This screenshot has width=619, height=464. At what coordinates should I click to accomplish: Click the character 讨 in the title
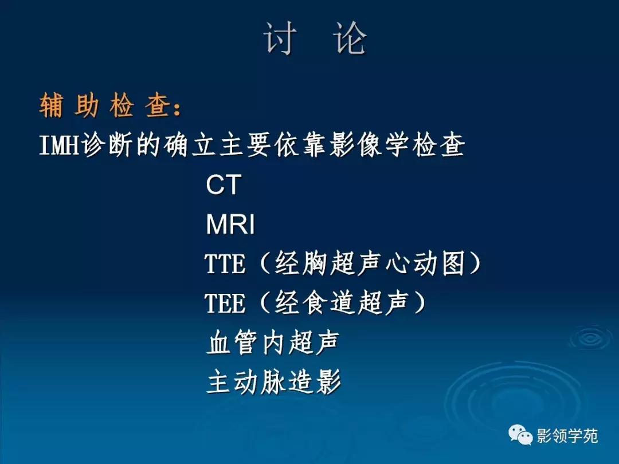pyautogui.click(x=281, y=39)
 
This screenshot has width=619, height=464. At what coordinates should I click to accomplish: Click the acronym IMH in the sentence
pyautogui.click(x=60, y=147)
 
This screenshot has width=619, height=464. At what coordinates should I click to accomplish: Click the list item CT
pyautogui.click(x=223, y=186)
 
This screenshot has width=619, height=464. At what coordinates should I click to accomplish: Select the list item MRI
pyautogui.click(x=230, y=225)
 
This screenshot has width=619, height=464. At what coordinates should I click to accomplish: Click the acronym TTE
pyautogui.click(x=225, y=265)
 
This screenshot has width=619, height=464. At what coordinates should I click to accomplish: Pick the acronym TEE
pyautogui.click(x=225, y=304)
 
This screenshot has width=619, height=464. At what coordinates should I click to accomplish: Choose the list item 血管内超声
pyautogui.click(x=273, y=343)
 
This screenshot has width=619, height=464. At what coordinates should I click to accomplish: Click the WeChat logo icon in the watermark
pyautogui.click(x=520, y=436)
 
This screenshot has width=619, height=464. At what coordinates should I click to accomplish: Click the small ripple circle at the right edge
pyautogui.click(x=590, y=338)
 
